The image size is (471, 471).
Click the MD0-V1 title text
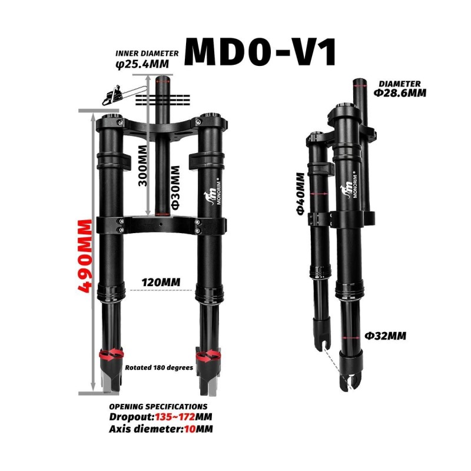pyautogui.click(x=261, y=53)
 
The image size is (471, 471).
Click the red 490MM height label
pyautogui.click(x=87, y=257)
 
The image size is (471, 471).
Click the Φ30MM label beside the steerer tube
pyautogui.click(x=175, y=187)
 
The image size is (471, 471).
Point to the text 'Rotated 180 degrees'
pyautogui.click(x=159, y=367)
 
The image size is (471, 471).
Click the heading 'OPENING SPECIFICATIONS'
pyautogui.click(x=158, y=406)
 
